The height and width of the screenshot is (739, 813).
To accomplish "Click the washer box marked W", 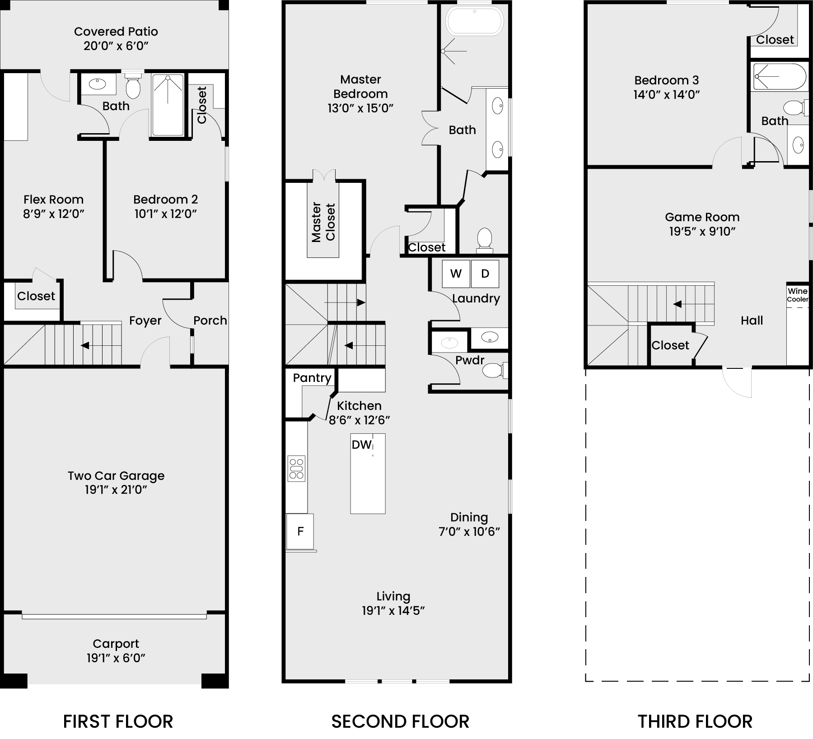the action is (456, 274).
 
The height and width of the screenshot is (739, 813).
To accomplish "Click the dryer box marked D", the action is (485, 274).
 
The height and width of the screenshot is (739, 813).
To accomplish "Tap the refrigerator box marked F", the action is (300, 531).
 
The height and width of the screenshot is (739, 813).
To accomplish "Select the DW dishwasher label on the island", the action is (361, 445).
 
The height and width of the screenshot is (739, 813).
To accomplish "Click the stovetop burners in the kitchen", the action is (297, 469).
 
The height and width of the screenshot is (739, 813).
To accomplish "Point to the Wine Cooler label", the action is (798, 295).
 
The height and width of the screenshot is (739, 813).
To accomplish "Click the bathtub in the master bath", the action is (474, 21).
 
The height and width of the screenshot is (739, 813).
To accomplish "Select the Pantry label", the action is (312, 378).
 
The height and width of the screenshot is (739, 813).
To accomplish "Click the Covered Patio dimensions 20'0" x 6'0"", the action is (116, 46).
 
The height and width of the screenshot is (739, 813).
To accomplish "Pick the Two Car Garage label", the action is (116, 476).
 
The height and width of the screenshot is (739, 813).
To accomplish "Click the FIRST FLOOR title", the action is (118, 721).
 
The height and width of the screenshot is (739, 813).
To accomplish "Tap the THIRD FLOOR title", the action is (695, 721).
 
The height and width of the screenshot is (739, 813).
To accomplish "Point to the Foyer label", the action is (145, 321).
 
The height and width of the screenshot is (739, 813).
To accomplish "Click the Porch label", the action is (210, 321).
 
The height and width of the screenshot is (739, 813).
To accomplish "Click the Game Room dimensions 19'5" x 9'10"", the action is (702, 232).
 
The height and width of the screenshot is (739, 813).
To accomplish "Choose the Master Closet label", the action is (323, 222).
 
